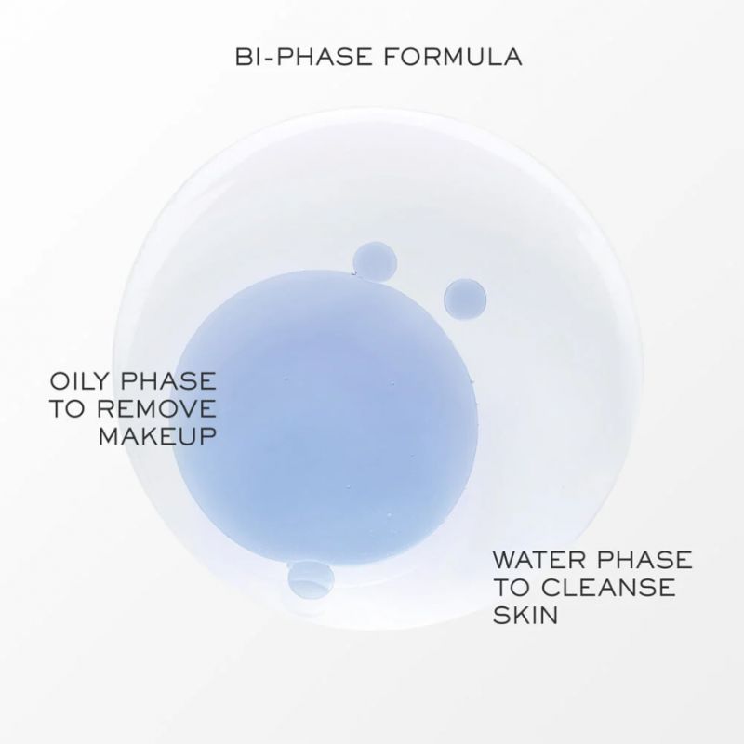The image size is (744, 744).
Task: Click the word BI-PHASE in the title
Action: tap(303, 57)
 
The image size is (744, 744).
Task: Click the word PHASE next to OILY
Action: tap(169, 381)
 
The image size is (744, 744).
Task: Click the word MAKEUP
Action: tap(157, 436)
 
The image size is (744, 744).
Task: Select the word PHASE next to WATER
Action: tap(644, 560)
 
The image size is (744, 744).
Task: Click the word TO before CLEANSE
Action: tap(511, 588)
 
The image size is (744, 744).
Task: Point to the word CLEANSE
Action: tap(608, 588)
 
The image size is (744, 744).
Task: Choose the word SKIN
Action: tap(525, 615)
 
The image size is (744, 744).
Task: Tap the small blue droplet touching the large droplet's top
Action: tap(376, 262)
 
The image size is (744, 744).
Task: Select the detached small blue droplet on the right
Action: tap(465, 299)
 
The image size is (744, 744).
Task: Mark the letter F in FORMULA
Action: tap(391, 57)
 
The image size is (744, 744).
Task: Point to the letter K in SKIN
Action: tap(521, 615)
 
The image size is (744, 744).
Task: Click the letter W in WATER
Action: tap(505, 560)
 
